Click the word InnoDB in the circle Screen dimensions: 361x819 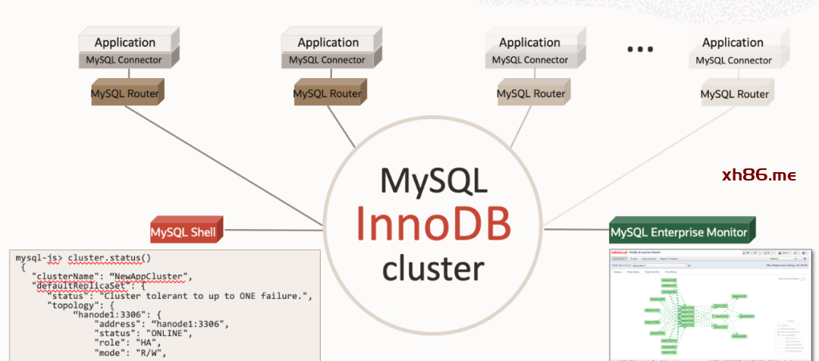(x=433, y=223)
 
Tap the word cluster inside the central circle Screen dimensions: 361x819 (x=433, y=268)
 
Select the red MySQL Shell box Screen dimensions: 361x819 (x=184, y=231)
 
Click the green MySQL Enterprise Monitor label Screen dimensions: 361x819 (x=679, y=232)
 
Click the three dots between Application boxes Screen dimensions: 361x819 (x=640, y=50)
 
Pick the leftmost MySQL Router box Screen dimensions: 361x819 (x=125, y=94)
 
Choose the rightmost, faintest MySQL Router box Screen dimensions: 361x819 (x=734, y=95)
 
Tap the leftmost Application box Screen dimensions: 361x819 (x=125, y=42)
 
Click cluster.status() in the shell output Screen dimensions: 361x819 (x=109, y=258)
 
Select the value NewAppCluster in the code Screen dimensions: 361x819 (x=156, y=275)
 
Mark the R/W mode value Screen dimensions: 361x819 (x=151, y=353)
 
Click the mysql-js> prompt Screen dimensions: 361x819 (x=39, y=258)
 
